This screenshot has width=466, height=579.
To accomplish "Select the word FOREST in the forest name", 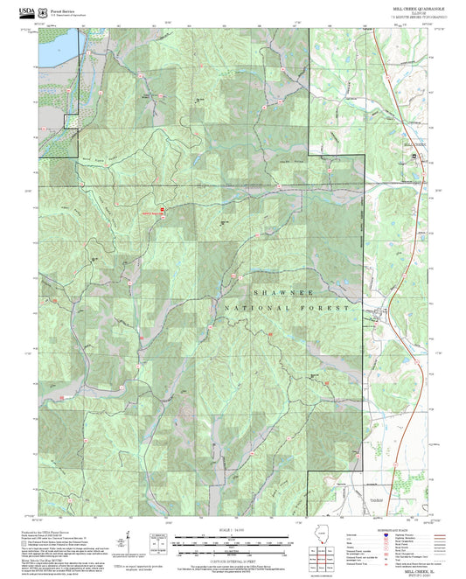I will pos(331,309).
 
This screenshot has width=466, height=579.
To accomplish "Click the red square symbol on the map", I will pos(162,210).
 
